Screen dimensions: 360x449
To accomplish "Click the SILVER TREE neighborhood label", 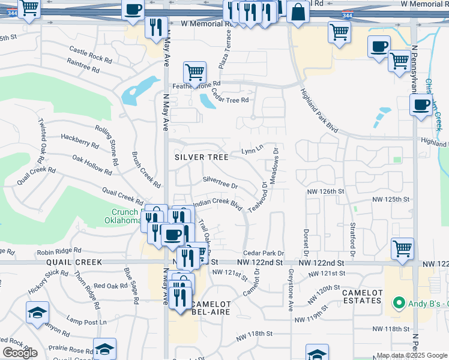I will coord(202,157).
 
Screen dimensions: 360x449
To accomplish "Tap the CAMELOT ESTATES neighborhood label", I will coord(362,296).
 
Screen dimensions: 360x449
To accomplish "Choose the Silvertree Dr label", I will coord(220,182).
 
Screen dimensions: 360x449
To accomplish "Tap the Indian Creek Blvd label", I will coord(217,203).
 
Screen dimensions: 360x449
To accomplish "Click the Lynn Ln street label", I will coord(252,148).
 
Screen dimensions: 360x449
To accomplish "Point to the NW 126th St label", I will coord(324,191).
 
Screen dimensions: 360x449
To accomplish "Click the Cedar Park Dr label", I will coord(263,254).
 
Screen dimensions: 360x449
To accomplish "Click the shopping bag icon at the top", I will coord(297,12).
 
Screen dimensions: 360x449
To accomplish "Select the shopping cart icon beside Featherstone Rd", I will coord(194,73).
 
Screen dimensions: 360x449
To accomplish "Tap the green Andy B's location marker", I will coord(396,303).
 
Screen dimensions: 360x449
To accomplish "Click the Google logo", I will coord(20,352).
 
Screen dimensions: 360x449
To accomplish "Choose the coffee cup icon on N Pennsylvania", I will coord(421,105).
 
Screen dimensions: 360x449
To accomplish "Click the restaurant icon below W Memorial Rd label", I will coord(155,26).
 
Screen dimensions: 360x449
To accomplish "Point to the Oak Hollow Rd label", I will coord(92,165).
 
